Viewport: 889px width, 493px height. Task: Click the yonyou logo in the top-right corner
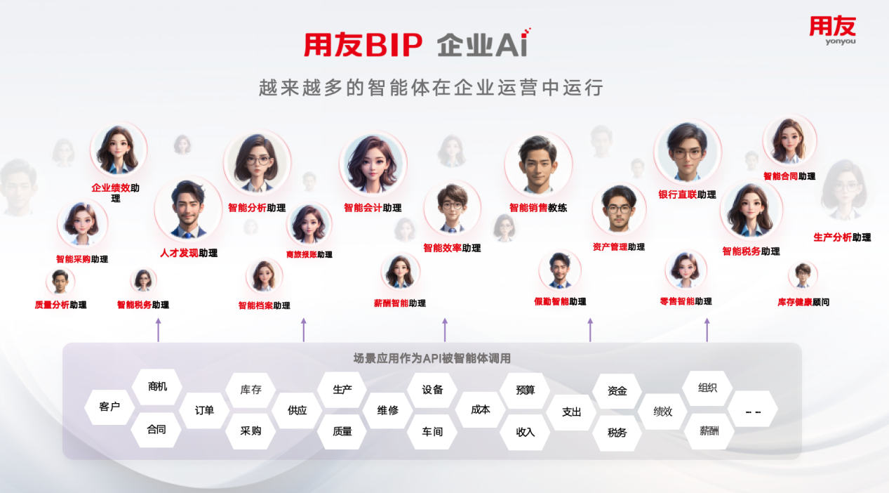coord(832,30)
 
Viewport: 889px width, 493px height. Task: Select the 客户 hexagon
coord(109,407)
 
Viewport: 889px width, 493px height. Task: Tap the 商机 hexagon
coord(157,386)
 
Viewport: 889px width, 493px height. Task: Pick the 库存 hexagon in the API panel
coord(250,390)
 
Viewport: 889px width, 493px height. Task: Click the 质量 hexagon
coord(342,431)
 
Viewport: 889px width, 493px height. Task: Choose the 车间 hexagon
coord(432,431)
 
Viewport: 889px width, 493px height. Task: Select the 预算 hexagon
coord(525,390)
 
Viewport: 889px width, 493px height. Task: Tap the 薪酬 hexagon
coord(709,431)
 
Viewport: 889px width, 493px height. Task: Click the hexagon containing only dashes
coord(753,411)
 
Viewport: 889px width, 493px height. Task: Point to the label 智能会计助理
coord(373,208)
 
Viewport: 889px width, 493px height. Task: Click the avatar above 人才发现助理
coord(187,209)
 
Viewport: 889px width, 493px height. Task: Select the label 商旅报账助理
coord(309,255)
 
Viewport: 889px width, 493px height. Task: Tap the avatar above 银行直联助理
coord(687,153)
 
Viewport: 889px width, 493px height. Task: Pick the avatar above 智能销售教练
coord(537,166)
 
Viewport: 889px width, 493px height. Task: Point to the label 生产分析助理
coord(842,238)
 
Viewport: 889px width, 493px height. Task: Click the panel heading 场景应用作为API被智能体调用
coord(432,358)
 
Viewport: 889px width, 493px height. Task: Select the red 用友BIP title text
coord(363,46)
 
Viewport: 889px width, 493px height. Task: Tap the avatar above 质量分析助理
coord(60,282)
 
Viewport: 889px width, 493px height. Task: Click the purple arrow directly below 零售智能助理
coord(707,329)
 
